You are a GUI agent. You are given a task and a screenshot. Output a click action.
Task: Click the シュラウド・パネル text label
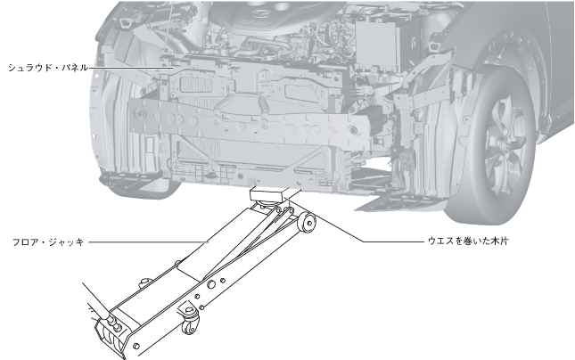click(48, 68)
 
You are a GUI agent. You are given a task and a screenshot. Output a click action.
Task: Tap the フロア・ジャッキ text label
click(48, 242)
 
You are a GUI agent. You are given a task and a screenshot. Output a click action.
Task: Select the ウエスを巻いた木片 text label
click(468, 241)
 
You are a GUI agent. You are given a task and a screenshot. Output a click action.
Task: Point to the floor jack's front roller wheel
click(308, 223)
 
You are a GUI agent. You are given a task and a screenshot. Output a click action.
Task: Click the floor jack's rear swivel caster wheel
click(190, 325)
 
